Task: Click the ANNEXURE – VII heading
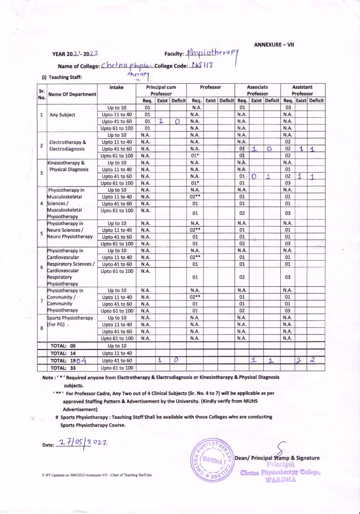274,45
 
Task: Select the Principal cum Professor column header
160,90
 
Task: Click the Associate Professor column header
257,90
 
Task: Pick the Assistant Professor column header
302,90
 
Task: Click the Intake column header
117,88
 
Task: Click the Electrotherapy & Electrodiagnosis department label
70,145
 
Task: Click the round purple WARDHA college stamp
212,461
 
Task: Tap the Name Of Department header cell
72,94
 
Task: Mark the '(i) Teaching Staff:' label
62,77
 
